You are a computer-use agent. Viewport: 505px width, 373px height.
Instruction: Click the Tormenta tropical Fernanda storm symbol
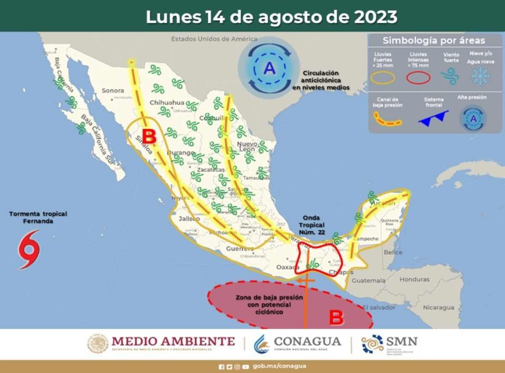pyautogui.click(x=29, y=249)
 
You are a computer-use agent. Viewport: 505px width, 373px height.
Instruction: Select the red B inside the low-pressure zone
pyautogui.click(x=336, y=317)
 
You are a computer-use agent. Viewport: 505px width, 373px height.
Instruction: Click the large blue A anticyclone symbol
pyautogui.click(x=269, y=68)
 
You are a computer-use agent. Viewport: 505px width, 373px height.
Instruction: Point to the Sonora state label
pyautogui.click(x=113, y=90)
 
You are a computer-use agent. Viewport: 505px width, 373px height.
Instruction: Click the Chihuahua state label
pyautogui.click(x=167, y=102)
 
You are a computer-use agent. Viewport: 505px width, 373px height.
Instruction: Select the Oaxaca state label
pyautogui.click(x=288, y=267)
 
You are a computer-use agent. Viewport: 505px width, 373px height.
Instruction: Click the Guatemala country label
pyautogui.click(x=368, y=280)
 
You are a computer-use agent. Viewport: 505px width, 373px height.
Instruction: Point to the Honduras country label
pyautogui.click(x=415, y=279)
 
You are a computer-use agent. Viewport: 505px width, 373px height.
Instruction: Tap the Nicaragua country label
pyautogui.click(x=439, y=307)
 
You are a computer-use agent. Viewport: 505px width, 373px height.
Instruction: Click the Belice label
pyautogui.click(x=393, y=252)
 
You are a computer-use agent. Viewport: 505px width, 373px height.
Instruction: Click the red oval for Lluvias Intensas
pyautogui.click(x=418, y=78)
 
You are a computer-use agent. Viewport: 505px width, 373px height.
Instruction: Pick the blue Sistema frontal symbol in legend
pyautogui.click(x=433, y=118)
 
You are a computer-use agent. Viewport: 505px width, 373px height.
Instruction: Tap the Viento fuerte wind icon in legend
pyautogui.click(x=450, y=76)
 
